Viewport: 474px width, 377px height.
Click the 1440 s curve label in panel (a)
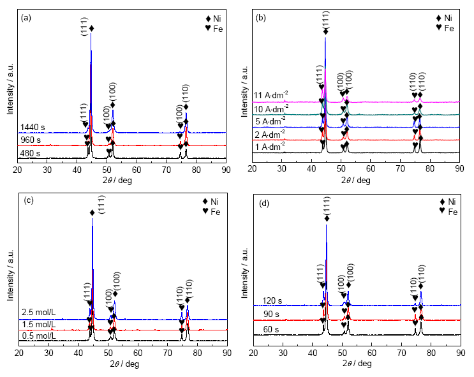pyautogui.click(x=32, y=127)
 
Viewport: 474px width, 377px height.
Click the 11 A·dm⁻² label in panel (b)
pyautogui.click(x=270, y=96)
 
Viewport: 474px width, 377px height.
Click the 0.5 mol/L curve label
pyautogui.click(x=36, y=336)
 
